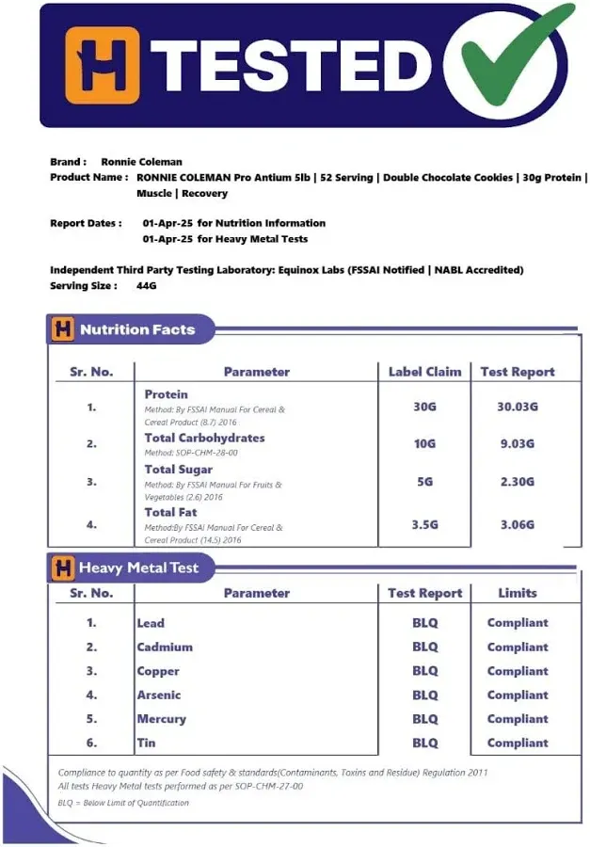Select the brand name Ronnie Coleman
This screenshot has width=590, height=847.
tap(141, 162)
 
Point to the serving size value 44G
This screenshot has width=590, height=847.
tap(146, 285)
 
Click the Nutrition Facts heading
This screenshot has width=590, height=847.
tap(137, 329)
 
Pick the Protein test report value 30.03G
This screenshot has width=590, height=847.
tap(517, 408)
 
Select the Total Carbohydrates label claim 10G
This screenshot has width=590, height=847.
tap(424, 444)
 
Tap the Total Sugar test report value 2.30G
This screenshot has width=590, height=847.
tap(517, 481)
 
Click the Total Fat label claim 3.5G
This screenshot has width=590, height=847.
tap(424, 524)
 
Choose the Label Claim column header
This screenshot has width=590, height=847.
tap(424, 372)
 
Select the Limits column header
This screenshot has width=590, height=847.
tap(517, 593)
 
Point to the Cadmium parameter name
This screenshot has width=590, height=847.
tap(165, 647)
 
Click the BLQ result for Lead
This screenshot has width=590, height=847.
tap(424, 623)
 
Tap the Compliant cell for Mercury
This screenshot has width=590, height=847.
tap(517, 719)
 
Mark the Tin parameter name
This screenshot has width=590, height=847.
tap(146, 743)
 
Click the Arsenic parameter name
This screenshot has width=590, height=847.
tap(158, 695)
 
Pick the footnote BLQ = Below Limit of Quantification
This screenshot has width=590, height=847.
tap(123, 803)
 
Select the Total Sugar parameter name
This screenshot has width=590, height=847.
tap(178, 469)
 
